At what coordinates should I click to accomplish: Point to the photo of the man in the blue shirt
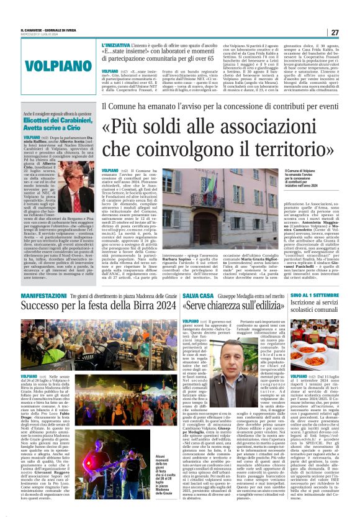click(x=226, y=358)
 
